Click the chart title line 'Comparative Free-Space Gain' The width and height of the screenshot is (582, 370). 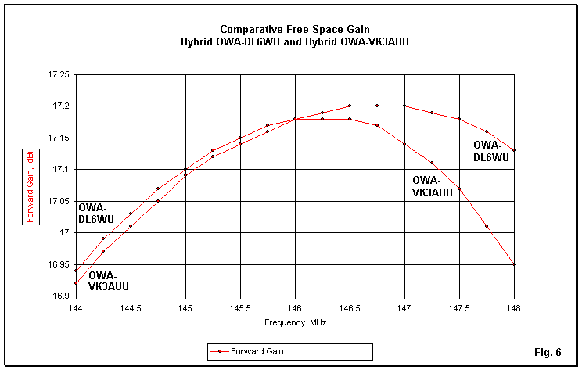290,29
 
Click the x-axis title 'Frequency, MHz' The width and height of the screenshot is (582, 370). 294,322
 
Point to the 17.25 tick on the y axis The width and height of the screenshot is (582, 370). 56,74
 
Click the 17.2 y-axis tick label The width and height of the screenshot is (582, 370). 59,106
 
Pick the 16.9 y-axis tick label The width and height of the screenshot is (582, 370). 59,296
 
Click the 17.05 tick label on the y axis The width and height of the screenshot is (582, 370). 56,201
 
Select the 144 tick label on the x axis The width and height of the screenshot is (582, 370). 75,308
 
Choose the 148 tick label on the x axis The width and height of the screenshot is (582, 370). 514,308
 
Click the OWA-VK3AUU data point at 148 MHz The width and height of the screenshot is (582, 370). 514,264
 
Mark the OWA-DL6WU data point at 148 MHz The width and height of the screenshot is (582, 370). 514,150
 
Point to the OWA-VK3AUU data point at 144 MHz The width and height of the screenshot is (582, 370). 75,283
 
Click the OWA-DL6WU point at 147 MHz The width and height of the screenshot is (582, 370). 404,106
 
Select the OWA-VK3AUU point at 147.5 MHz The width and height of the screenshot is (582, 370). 459,189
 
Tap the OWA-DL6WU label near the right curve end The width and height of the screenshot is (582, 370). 491,151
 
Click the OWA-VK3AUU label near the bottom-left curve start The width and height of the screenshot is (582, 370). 110,281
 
